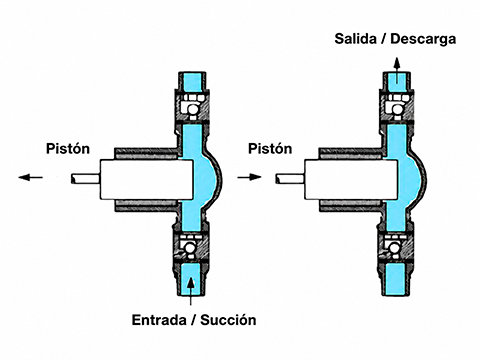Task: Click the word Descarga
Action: pyautogui.click(x=423, y=39)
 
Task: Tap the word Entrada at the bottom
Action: pyautogui.click(x=159, y=320)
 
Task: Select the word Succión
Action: pyautogui.click(x=228, y=320)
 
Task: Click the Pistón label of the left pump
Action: pyautogui.click(x=68, y=148)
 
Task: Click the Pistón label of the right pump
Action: pyautogui.click(x=270, y=148)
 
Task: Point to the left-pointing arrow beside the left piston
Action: pyautogui.click(x=30, y=177)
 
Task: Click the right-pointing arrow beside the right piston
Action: pyautogui.click(x=249, y=177)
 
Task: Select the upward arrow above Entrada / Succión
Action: pyautogui.click(x=190, y=291)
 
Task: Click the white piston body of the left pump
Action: pyautogui.click(x=147, y=179)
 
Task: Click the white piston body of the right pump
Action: pyautogui.click(x=351, y=179)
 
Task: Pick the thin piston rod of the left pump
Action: pyautogui.click(x=85, y=179)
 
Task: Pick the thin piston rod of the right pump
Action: pyautogui.click(x=290, y=179)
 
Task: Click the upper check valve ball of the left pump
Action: pyautogui.click(x=193, y=109)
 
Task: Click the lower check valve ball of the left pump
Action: pyautogui.click(x=190, y=248)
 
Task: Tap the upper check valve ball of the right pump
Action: pyautogui.click(x=397, y=109)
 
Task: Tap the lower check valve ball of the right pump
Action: pyautogui.click(x=394, y=248)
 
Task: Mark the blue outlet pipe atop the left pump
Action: pyautogui.click(x=192, y=81)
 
